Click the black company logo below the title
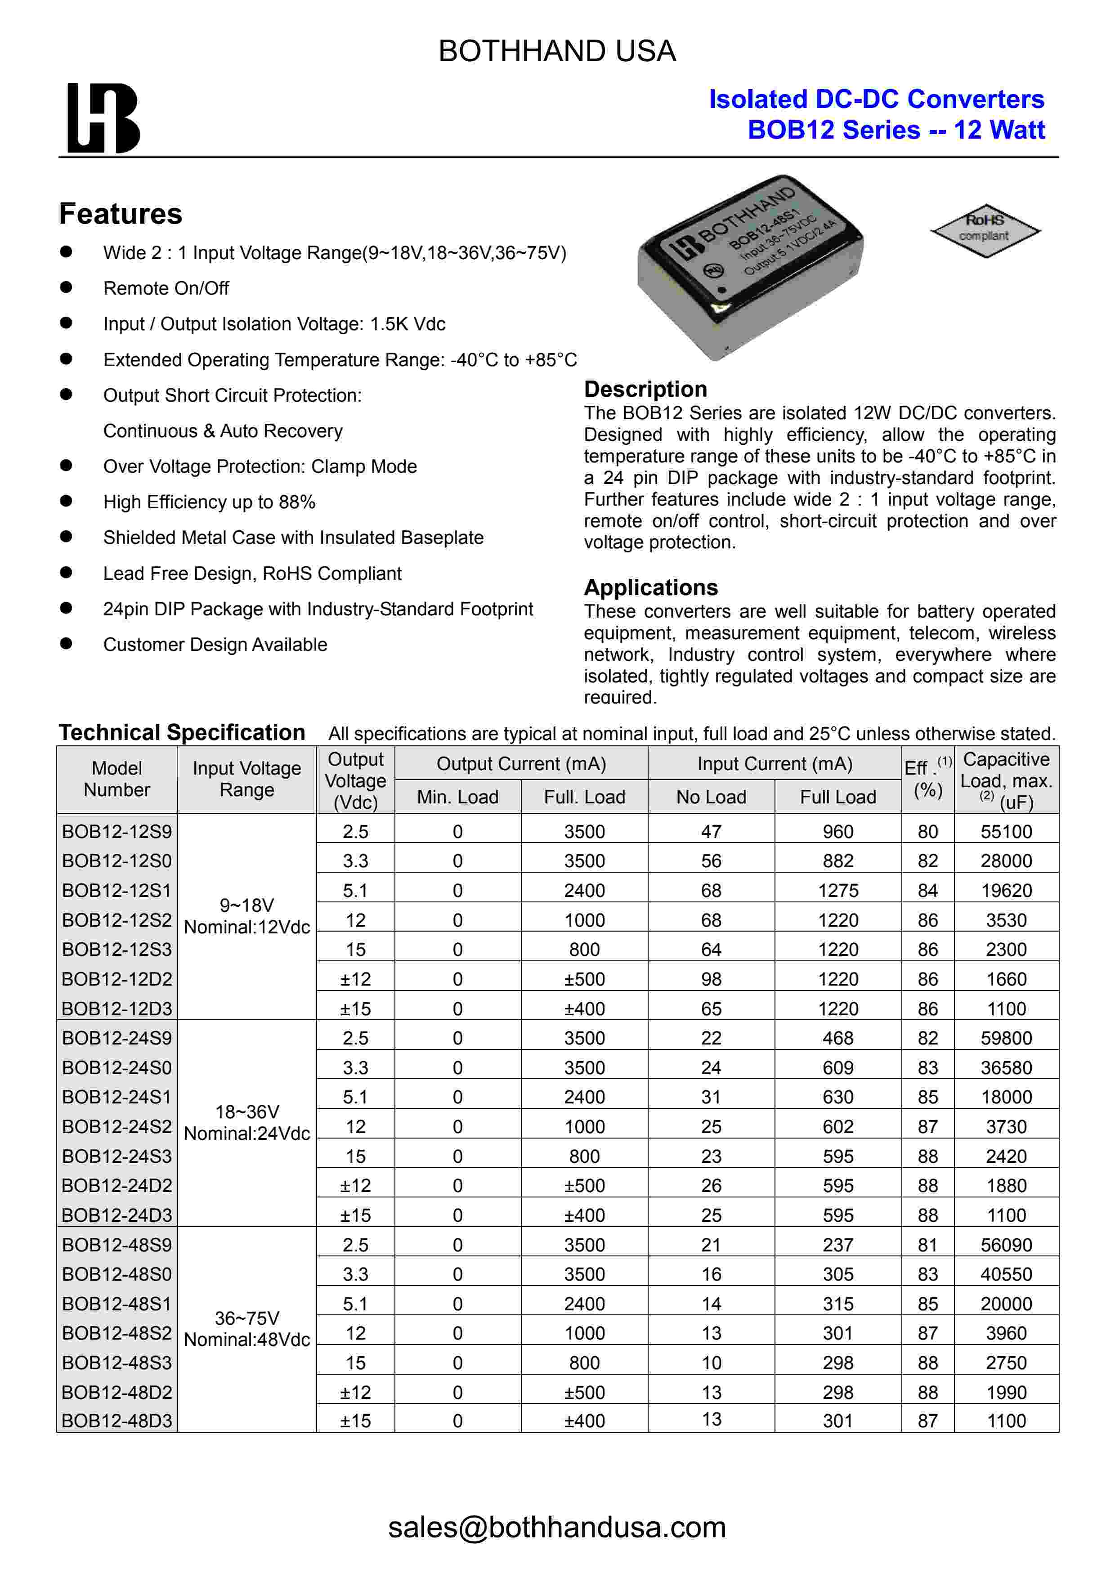pos(103,118)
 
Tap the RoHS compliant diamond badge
pos(985,230)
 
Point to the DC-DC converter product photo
pos(750,267)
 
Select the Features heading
pos(121,214)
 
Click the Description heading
pos(645,389)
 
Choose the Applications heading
pos(650,587)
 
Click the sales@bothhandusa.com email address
pos(557,1527)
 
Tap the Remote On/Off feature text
pos(166,289)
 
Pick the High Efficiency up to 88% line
pos(209,502)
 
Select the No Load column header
pos(711,797)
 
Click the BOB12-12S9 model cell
pos(117,832)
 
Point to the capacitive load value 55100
pos(1006,832)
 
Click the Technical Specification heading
pos(182,733)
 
